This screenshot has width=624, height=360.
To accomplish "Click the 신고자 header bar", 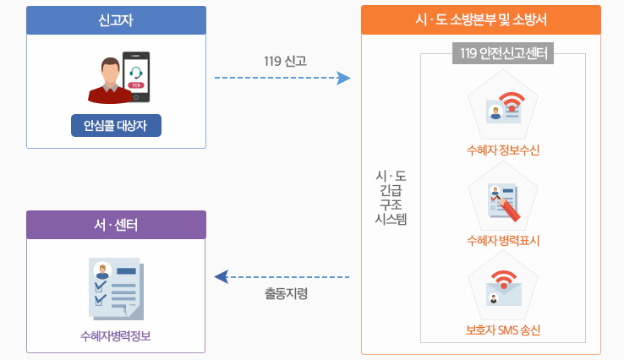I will (116, 20).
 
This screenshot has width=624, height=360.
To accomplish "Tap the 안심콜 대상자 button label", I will (116, 126).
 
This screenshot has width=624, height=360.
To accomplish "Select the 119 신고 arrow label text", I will (285, 61).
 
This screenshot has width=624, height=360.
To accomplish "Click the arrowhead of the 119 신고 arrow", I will (343, 78).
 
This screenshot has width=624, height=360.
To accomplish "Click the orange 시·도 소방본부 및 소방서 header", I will (480, 20).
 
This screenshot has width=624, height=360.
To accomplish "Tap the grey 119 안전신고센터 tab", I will (503, 54).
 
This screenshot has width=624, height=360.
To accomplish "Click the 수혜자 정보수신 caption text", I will (503, 150).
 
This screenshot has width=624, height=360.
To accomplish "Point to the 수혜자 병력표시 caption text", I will (503, 240).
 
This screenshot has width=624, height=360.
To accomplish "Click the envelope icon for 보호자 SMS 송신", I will (503, 288).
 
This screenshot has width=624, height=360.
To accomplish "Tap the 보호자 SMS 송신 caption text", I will (503, 330).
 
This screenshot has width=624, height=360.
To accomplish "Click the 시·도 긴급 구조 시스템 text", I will (391, 197).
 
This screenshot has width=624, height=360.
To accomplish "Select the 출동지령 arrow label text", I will (285, 294).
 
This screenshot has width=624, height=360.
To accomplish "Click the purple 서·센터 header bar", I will (116, 225).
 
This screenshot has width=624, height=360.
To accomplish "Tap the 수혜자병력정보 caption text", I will (116, 335).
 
